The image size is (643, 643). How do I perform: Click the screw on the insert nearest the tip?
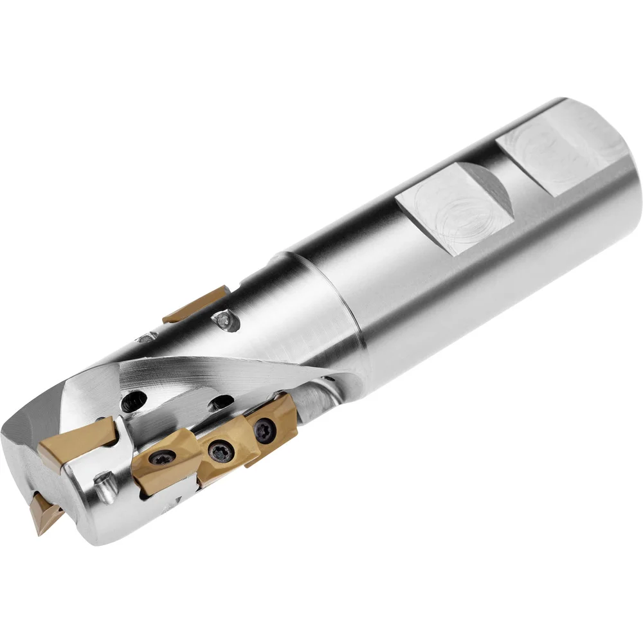[161, 458]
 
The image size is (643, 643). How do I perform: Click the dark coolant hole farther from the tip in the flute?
[221, 403]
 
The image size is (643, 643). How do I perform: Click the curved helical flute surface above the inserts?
[193, 373]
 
